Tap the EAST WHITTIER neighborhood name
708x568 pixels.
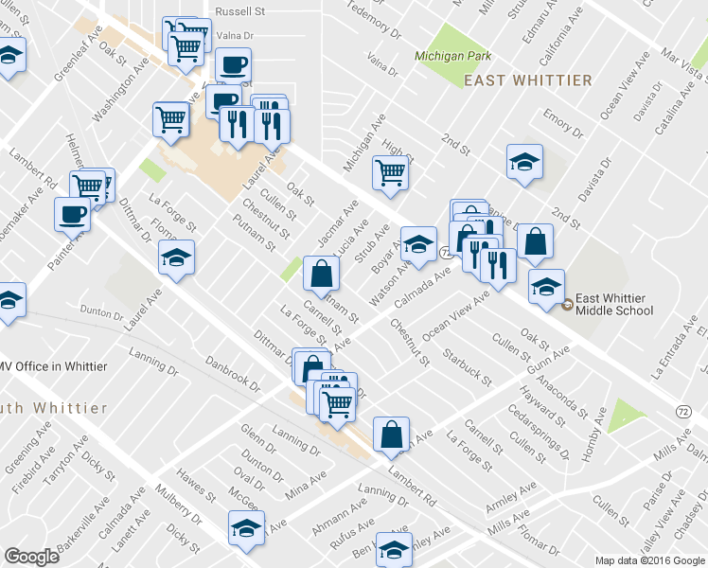coord(528,80)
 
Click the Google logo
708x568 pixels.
coord(30,557)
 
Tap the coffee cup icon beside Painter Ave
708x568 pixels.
coord(73,214)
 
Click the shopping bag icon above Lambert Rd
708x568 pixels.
coord(391,435)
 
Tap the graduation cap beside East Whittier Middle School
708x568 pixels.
coord(546,286)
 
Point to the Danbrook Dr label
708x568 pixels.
coord(235,372)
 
